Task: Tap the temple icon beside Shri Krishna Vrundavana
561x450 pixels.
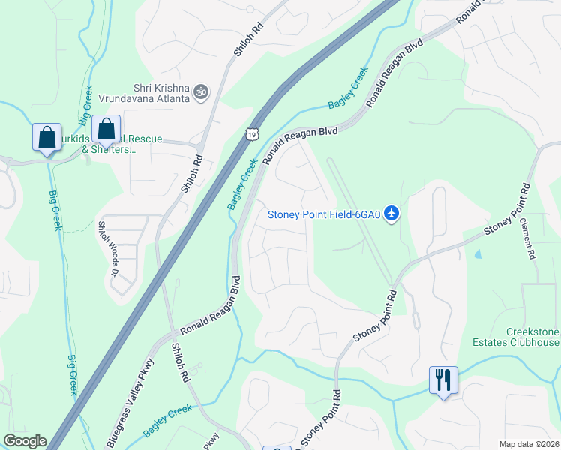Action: (x=200, y=92)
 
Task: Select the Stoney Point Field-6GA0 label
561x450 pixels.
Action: (x=325, y=214)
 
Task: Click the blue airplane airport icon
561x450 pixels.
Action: (x=391, y=214)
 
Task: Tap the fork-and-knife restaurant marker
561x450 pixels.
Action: (x=443, y=379)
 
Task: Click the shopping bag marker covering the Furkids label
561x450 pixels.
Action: (x=106, y=130)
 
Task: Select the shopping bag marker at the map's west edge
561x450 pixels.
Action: (x=46, y=138)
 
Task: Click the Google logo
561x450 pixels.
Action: (x=25, y=441)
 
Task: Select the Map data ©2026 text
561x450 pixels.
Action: (x=529, y=444)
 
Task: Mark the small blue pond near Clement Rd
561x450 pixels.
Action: (x=478, y=253)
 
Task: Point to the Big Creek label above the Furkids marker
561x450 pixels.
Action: (x=86, y=104)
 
